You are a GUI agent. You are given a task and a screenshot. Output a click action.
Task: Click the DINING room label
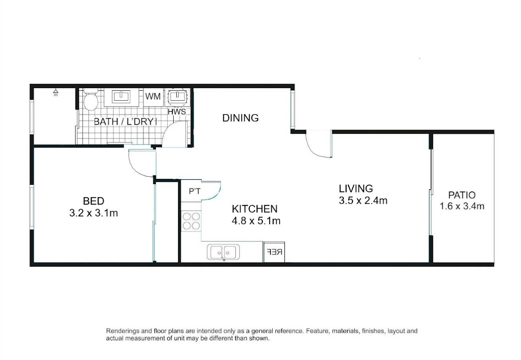pyautogui.click(x=240, y=118)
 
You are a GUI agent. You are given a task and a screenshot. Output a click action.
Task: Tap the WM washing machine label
pyautogui.click(x=153, y=96)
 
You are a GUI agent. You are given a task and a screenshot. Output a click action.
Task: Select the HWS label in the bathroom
pyautogui.click(x=177, y=112)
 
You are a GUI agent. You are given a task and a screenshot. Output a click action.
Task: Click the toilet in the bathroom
pyautogui.click(x=91, y=99)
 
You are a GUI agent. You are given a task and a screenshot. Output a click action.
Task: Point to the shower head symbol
pyautogui.click(x=56, y=92)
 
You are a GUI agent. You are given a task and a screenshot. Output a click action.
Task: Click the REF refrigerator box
pyautogui.click(x=274, y=252)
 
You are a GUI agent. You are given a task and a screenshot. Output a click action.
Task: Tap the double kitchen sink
pyautogui.click(x=223, y=252)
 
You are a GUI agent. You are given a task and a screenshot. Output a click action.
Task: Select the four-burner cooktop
pyautogui.click(x=191, y=221)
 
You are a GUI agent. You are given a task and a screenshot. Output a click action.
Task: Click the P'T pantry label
pyautogui.click(x=195, y=191)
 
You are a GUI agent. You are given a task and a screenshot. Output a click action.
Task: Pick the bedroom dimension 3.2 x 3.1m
pyautogui.click(x=93, y=213)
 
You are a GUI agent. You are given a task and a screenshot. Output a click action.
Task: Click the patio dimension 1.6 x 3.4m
pyautogui.click(x=462, y=206)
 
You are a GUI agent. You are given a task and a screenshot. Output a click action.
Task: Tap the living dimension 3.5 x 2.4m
pyautogui.click(x=363, y=200)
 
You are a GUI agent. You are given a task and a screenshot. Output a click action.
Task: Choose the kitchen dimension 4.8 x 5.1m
pyautogui.click(x=256, y=221)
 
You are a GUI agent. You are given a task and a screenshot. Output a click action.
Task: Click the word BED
pyautogui.click(x=93, y=201)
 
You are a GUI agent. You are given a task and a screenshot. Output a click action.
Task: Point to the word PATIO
pyautogui.click(x=462, y=195)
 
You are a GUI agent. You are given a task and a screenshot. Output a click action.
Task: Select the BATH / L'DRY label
pyautogui.click(x=125, y=122)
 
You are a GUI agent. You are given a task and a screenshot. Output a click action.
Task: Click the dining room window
pyautogui.click(x=293, y=109)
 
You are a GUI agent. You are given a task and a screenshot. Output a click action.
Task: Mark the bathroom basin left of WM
pyautogui.click(x=121, y=96)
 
